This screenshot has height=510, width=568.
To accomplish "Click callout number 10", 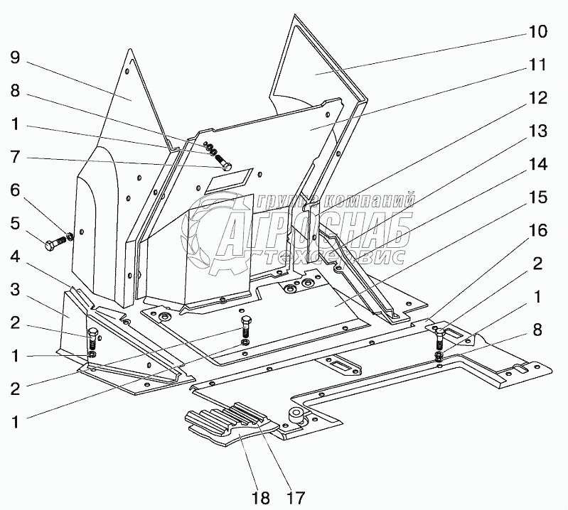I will point(537,32).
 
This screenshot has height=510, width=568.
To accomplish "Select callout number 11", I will point(537,65).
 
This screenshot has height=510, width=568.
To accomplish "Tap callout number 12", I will point(537,97).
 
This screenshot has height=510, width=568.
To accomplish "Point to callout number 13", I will point(537,131).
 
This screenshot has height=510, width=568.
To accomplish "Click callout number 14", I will point(537,164).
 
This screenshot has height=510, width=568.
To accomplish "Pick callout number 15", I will point(537,197).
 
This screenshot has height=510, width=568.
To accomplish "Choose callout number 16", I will point(537,230).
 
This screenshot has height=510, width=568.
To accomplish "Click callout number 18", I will point(262,497).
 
